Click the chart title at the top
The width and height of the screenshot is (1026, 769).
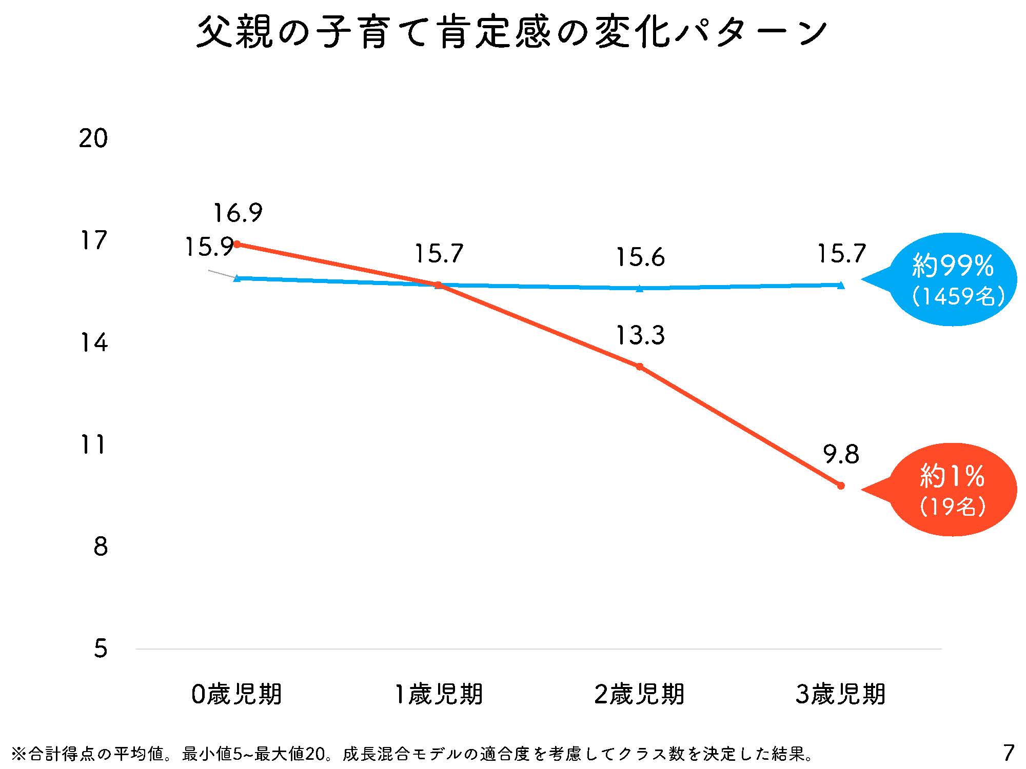511,33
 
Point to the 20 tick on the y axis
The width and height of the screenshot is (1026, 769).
93,138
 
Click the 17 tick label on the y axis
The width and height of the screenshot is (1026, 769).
93,240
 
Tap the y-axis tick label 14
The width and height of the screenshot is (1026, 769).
93,342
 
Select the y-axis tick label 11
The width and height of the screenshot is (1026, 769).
93,444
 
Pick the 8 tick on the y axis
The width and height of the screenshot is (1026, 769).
101,547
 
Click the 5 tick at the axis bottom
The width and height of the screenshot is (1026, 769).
101,649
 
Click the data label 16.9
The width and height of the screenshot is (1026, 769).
238,213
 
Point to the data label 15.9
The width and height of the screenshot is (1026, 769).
209,247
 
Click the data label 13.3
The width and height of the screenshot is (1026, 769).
640,335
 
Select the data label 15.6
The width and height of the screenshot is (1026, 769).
640,257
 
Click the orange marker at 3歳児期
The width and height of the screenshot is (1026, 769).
841,485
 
